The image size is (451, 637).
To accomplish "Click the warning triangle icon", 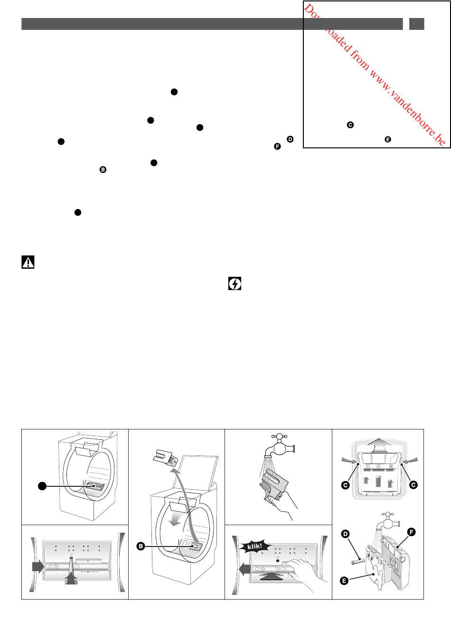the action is click(x=28, y=262).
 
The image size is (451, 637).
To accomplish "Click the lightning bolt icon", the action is click(x=235, y=283).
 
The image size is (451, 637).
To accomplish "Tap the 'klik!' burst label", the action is click(x=254, y=546).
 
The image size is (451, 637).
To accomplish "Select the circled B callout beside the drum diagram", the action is click(x=141, y=546).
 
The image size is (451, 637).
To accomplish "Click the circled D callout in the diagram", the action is click(x=345, y=534).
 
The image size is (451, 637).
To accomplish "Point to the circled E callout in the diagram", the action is click(x=344, y=581).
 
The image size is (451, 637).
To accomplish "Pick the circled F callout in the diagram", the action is click(x=411, y=532).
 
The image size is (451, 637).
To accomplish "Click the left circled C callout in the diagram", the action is click(x=345, y=485).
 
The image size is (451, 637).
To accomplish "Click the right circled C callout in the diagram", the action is click(x=413, y=485).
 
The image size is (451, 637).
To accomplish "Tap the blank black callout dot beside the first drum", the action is click(x=42, y=486).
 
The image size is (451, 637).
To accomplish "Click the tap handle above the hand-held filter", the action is click(x=279, y=436).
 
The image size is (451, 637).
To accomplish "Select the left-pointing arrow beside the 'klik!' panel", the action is click(x=244, y=570).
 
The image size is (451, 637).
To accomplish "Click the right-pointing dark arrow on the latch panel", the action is click(x=38, y=566).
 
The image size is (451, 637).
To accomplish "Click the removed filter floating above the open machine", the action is click(x=166, y=457).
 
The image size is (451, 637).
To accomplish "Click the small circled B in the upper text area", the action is click(x=103, y=170).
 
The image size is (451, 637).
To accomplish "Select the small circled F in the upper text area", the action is click(x=277, y=146).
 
